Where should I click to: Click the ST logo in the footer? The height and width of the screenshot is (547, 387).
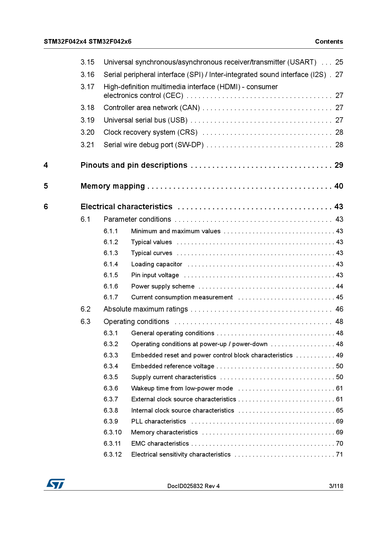coord(56,484)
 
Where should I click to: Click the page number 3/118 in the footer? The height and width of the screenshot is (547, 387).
coord(336,486)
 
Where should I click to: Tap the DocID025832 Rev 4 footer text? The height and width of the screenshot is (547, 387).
coord(193,486)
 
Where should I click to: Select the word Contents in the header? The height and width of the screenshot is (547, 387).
coord(329,41)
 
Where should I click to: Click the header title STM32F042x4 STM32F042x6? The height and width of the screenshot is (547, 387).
coord(88,41)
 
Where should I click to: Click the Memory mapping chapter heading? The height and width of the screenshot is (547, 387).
coord(113,186)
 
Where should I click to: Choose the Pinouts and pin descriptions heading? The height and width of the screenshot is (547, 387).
coord(134,165)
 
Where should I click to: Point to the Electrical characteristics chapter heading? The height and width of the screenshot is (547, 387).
coord(126,207)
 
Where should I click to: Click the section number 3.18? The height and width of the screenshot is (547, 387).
coord(87,108)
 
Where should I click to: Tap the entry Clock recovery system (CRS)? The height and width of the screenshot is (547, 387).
coord(150,133)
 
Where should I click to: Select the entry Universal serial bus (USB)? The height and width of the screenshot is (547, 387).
coord(145,120)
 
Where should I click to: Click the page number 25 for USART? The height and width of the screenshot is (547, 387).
coord(339,62)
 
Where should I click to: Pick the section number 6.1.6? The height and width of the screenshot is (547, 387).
coord(111,286)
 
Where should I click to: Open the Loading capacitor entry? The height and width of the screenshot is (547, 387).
coord(157,264)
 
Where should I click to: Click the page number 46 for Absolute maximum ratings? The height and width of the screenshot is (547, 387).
coord(339,309)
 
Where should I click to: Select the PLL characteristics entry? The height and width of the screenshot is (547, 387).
coord(159,422)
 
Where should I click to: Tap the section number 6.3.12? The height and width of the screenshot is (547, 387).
coord(113,455)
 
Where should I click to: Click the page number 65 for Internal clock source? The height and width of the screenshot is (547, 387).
coord(339,411)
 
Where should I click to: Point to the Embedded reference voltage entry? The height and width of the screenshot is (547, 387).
coord(173,366)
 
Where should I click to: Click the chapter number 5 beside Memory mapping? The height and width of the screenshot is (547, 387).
coord(46,186)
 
